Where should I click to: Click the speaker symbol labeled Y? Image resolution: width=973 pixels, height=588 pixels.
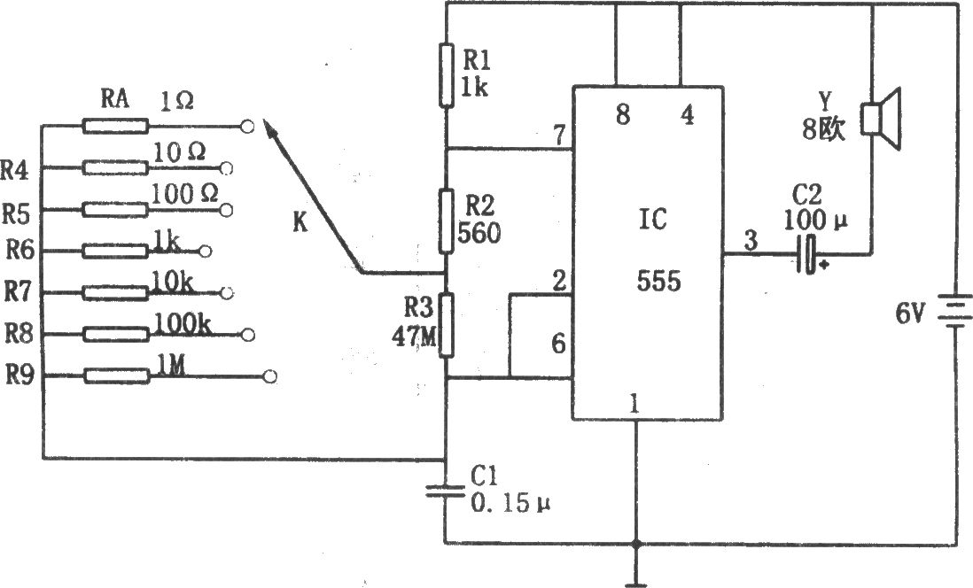click(x=881, y=119)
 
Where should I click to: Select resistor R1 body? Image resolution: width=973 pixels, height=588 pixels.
click(x=446, y=74)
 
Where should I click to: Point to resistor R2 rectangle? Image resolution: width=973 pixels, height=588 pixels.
click(x=446, y=221)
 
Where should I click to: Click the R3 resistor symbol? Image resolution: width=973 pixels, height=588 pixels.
click(x=446, y=325)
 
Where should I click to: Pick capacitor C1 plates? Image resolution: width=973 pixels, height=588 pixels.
click(x=445, y=491)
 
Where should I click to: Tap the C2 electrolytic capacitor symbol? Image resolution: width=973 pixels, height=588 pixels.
click(x=807, y=253)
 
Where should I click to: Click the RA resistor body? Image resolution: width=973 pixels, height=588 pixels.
click(x=116, y=127)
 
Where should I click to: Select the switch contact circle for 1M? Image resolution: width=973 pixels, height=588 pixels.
click(x=270, y=376)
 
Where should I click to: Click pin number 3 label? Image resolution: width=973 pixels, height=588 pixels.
click(x=751, y=240)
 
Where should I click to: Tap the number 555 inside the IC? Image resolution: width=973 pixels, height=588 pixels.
click(x=659, y=281)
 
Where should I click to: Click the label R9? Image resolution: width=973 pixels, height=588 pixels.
click(x=19, y=375)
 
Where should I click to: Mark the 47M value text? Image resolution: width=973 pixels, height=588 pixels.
click(x=415, y=336)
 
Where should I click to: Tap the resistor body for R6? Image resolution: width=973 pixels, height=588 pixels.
click(x=116, y=251)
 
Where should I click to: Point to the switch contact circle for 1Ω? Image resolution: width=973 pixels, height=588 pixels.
click(x=247, y=128)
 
